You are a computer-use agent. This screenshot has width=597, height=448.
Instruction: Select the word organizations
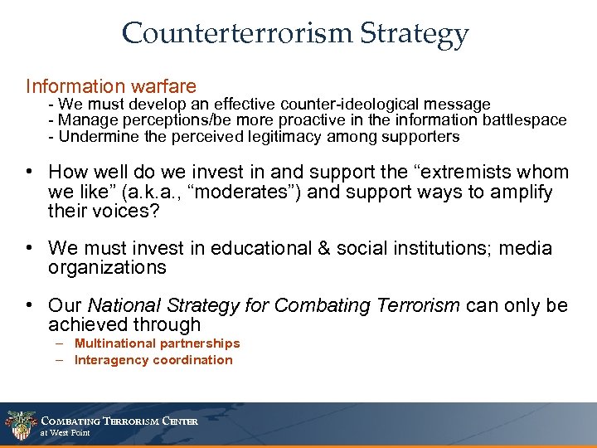107,267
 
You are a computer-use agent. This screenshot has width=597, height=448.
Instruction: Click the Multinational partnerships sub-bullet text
157,343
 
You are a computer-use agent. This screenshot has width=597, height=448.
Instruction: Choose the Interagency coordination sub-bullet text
153,360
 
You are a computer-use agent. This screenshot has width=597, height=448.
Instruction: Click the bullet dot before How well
29,173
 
